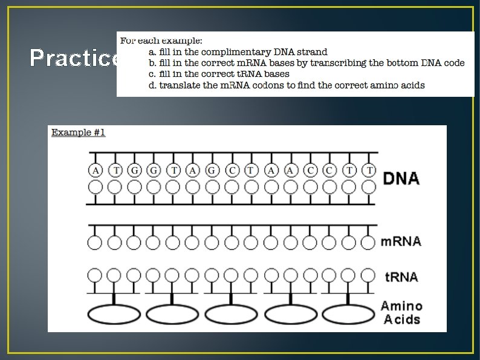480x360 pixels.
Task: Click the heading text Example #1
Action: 79,132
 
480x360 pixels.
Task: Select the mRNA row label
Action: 401,241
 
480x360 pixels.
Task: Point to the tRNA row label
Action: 401,277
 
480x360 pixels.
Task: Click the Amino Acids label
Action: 401,312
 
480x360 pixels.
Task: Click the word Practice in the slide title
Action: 74,58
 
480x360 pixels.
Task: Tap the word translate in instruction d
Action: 180,85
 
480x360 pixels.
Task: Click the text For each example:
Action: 161,41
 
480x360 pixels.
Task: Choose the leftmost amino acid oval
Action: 114,314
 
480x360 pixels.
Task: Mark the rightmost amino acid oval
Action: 348,314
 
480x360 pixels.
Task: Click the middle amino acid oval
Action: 231,314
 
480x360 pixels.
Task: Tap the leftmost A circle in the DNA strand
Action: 96,171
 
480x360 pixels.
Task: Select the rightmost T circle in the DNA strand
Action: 369,171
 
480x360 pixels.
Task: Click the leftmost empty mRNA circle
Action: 95,243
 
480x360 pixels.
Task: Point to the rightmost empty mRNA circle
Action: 368,243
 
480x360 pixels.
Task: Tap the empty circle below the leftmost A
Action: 96,188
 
